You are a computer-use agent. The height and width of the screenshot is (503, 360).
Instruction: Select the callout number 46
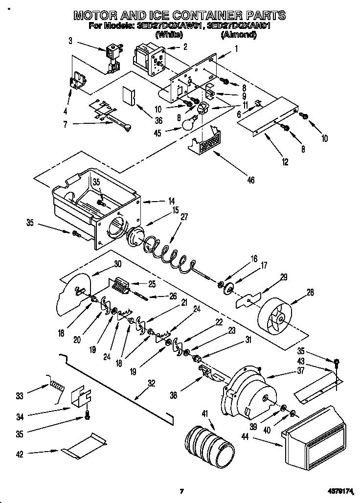tap(251, 181)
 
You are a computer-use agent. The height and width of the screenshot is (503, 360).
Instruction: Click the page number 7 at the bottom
tap(181, 491)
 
